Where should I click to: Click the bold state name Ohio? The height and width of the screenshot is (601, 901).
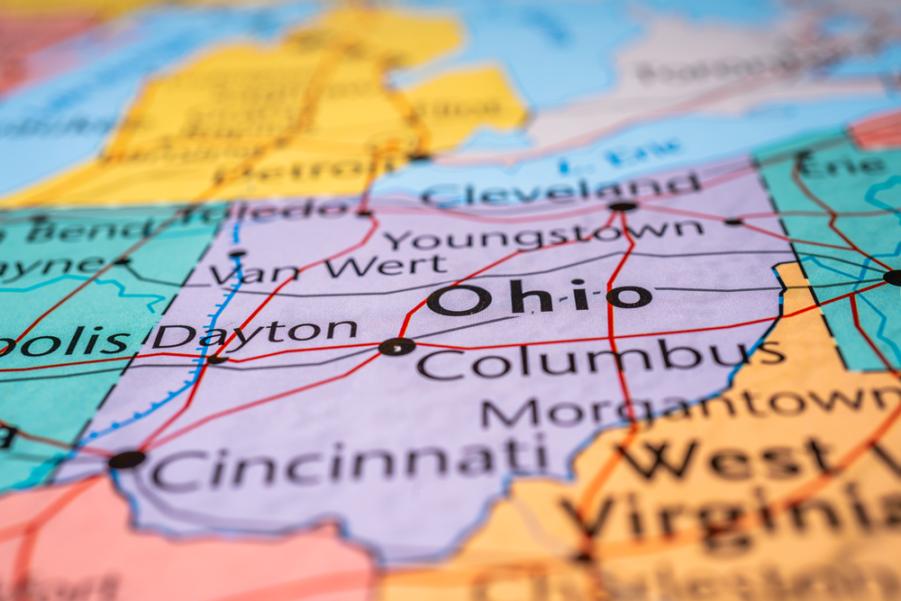click(x=539, y=296)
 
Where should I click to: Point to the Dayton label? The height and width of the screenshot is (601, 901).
click(x=254, y=334)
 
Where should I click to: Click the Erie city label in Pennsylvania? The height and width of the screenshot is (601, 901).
click(x=843, y=166)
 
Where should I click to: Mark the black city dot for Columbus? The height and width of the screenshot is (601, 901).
click(x=396, y=347)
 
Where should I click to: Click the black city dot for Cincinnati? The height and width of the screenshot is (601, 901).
click(x=126, y=460)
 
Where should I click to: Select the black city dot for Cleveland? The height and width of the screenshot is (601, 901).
click(x=622, y=206)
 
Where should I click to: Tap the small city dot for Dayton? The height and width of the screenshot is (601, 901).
click(x=216, y=360)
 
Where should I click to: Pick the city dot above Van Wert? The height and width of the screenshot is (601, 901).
click(x=237, y=254)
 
